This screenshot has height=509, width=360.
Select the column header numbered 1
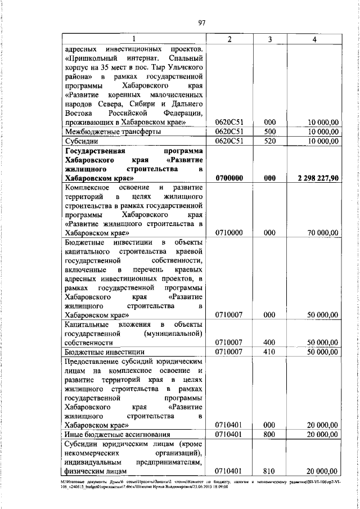(x=134, y=40)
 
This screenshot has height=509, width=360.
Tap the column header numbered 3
(x=270, y=40)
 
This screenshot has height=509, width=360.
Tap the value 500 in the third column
(x=270, y=131)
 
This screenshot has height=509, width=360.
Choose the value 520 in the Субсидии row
(x=270, y=141)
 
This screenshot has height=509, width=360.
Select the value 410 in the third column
(x=270, y=352)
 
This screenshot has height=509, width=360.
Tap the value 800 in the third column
(x=270, y=434)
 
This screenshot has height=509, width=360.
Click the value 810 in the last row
(x=270, y=471)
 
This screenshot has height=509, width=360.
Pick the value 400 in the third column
(x=270, y=342)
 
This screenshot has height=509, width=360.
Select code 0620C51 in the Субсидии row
(x=228, y=141)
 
